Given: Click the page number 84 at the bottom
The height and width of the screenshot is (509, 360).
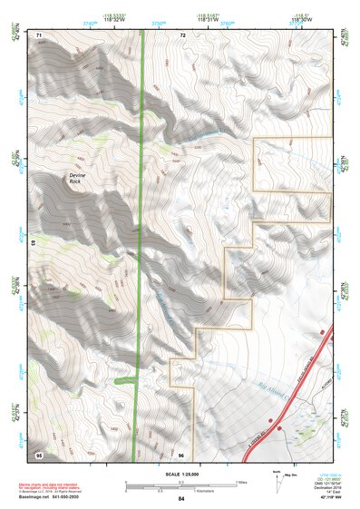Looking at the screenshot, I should click(x=181, y=499).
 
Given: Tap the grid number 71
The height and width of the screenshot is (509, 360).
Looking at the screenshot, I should click(x=40, y=34).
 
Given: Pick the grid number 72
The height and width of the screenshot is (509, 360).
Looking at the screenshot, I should click(x=182, y=34).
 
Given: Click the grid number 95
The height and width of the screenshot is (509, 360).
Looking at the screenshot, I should click(x=39, y=452).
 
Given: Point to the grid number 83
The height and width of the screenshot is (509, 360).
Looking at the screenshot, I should click(x=34, y=242).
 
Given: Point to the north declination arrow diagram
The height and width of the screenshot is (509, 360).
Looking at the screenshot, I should click(x=302, y=479).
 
